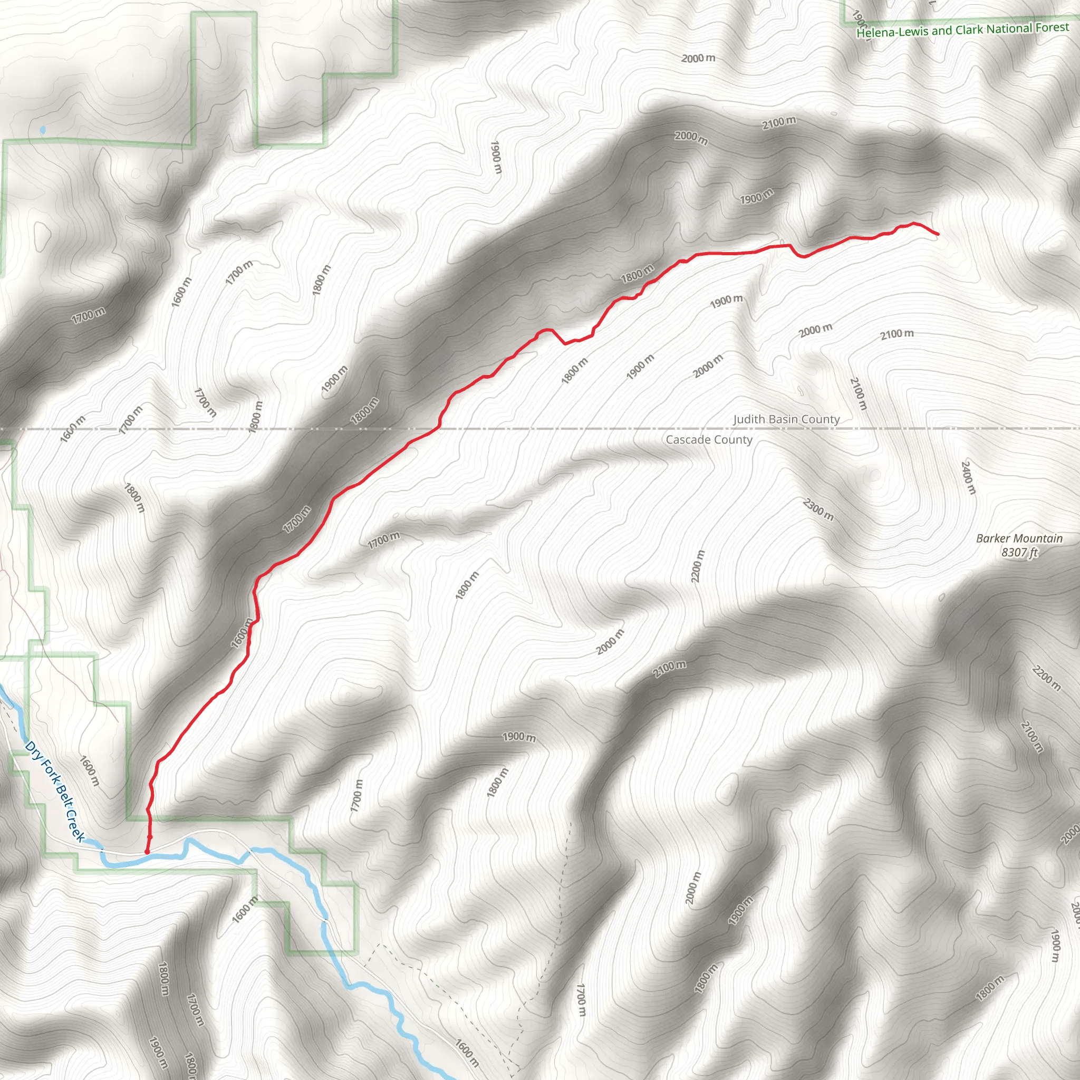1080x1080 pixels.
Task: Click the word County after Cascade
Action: [x=732, y=440]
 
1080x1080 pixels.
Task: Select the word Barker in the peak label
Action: [x=994, y=538]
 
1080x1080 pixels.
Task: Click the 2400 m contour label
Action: [x=968, y=477]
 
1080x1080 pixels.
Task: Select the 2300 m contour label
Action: [x=818, y=509]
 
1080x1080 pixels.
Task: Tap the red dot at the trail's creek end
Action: [x=147, y=852]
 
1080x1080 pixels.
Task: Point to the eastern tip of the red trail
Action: [x=938, y=234]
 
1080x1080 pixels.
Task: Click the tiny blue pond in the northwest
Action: [x=43, y=130]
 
